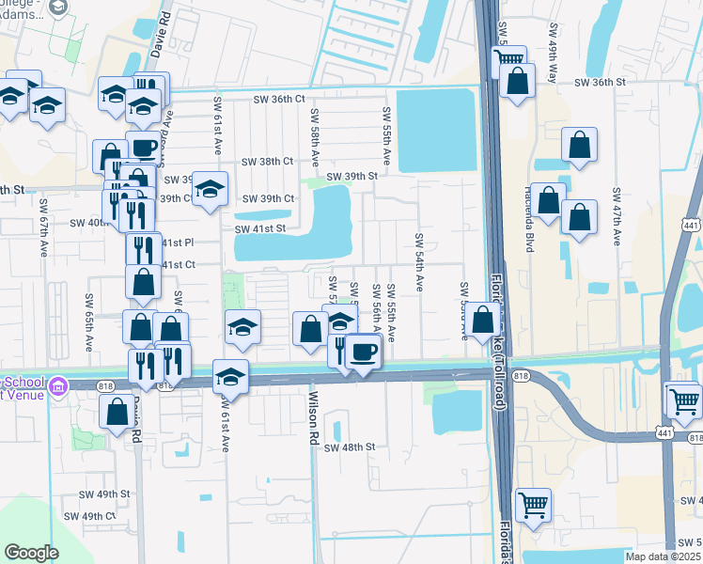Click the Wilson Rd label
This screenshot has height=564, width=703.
[314, 418]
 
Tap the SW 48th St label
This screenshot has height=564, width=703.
[350, 447]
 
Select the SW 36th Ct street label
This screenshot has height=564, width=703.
[280, 99]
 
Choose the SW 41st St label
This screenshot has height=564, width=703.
[258, 228]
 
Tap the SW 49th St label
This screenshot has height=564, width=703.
[104, 493]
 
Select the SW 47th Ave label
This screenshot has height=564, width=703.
[617, 216]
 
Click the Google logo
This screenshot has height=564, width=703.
[32, 553]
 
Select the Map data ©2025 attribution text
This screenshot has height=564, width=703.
[664, 556]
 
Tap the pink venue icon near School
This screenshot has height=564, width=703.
[58, 385]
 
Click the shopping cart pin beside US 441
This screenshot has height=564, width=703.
[684, 400]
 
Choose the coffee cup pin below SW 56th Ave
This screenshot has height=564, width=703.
[363, 352]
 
